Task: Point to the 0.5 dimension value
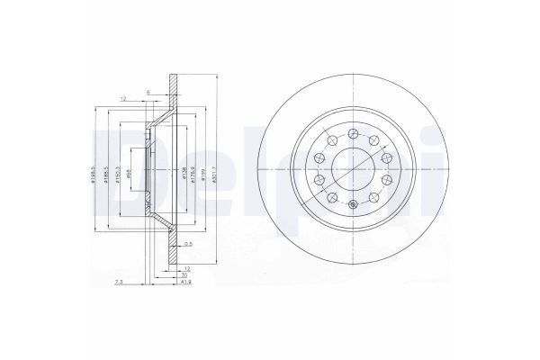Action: click(188, 244)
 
